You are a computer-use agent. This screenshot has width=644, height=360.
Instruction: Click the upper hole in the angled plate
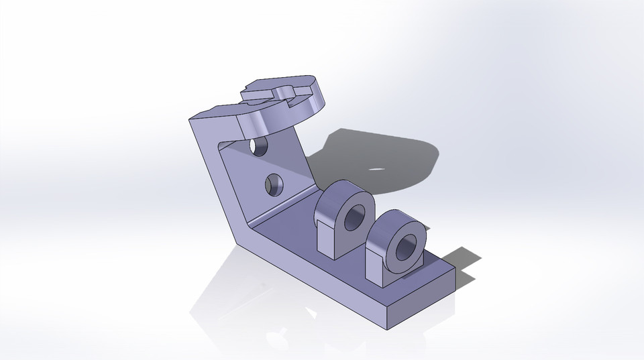click(x=256, y=145)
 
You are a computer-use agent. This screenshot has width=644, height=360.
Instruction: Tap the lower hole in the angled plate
click(x=274, y=183)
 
